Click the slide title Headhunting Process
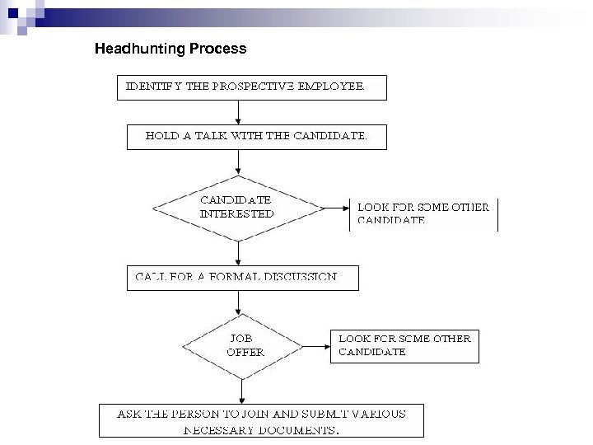170,49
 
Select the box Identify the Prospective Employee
256,86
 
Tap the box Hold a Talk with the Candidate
256,137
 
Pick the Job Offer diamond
242,345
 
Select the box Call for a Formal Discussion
243,278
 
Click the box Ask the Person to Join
261,420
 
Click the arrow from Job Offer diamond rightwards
315,345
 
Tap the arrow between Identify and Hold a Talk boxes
238,111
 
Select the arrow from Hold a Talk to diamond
238,162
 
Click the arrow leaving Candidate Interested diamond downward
238,252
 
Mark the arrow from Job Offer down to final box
242,389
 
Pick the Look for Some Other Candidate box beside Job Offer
404,345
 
